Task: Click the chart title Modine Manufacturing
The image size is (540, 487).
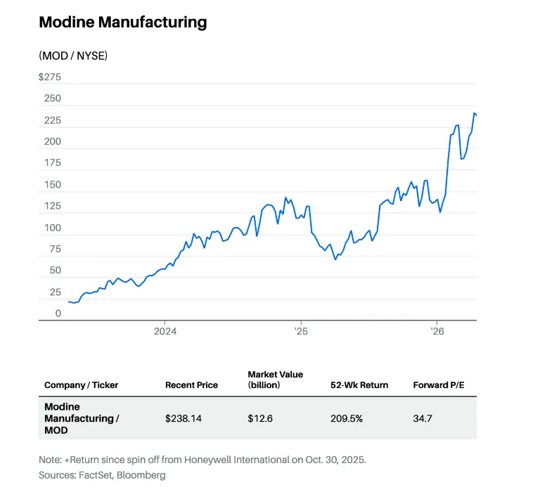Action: pos(122,22)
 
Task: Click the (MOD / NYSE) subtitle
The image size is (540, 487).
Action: pos(73,55)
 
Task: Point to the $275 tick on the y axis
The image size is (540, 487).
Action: pos(50,77)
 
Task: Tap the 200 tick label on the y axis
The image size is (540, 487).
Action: pos(53,141)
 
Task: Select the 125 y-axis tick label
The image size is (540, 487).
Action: pos(53,207)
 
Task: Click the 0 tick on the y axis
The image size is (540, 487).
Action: pos(58,313)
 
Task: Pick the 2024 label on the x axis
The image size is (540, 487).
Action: pos(165,331)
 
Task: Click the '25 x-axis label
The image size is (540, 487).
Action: pos(300,331)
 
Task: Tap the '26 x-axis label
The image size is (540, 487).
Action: pos(437,331)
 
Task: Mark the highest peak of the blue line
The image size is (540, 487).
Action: pos(475,113)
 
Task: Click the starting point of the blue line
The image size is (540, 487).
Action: pos(69,301)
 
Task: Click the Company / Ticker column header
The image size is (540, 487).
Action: pos(81,385)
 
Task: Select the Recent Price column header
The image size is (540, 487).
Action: pos(191,385)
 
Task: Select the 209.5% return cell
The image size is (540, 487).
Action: pos(346,418)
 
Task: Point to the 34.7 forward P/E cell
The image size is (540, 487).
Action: pos(423,418)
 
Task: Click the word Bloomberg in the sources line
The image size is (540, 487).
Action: pos(144,475)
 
